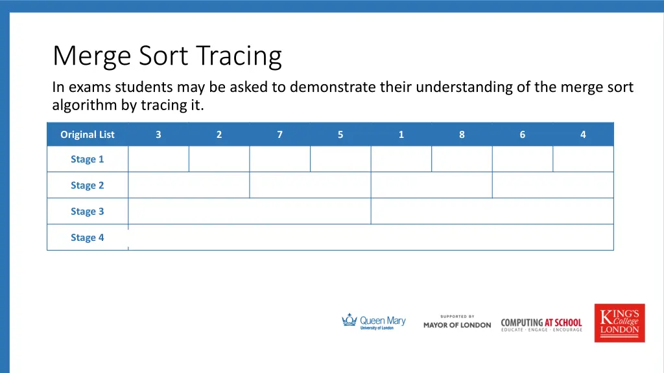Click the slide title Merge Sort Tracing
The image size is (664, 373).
[167, 56]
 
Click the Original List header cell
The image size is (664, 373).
[87, 135]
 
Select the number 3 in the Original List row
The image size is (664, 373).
[158, 135]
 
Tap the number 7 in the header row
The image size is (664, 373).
[279, 135]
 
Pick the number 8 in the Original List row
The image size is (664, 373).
[462, 135]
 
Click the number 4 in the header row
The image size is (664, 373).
[583, 135]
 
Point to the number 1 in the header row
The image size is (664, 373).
[401, 135]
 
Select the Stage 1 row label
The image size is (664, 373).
[87, 159]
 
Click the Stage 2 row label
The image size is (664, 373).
[87, 185]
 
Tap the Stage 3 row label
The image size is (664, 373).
[87, 211]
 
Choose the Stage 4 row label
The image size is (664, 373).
[87, 238]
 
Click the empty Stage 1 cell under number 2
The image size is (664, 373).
[219, 159]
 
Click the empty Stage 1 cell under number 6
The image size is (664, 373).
[523, 159]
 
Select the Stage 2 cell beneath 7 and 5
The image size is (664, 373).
[310, 185]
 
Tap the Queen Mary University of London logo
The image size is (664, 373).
[373, 322]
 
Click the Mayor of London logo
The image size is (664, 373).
[457, 322]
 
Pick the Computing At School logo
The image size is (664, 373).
[541, 324]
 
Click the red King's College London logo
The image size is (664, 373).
[619, 322]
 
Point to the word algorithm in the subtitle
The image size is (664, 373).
[84, 105]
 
